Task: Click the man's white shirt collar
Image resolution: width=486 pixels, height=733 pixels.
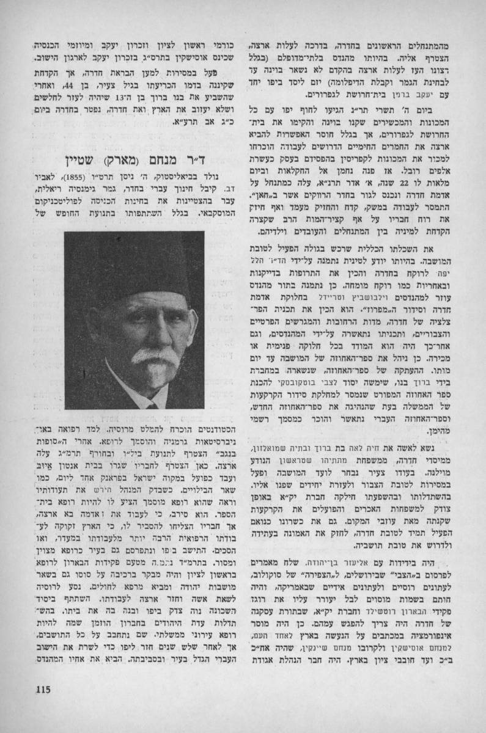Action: [x=145, y=403]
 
